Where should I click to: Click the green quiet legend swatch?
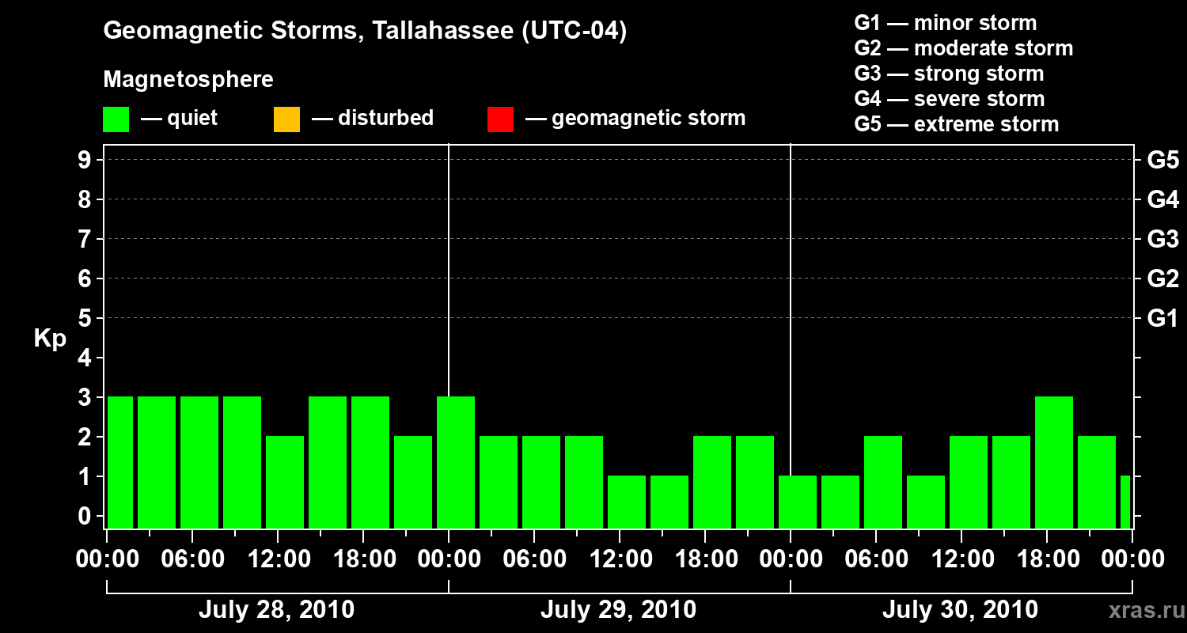pyautogui.click(x=116, y=119)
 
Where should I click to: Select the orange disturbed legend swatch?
pyautogui.click(x=286, y=119)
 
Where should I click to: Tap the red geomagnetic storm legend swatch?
pyautogui.click(x=500, y=119)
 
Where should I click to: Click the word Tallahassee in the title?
pyautogui.click(x=442, y=30)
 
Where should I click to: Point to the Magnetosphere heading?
pyautogui.click(x=188, y=79)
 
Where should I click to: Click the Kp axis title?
pyautogui.click(x=50, y=338)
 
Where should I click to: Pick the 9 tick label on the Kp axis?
pyautogui.click(x=84, y=160)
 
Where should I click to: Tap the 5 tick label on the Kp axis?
pyautogui.click(x=84, y=318)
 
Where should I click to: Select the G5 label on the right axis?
pyautogui.click(x=1163, y=160)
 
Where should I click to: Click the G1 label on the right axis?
pyautogui.click(x=1163, y=318)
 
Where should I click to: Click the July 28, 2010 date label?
pyautogui.click(x=277, y=610)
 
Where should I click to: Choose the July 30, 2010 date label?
pyautogui.click(x=960, y=610)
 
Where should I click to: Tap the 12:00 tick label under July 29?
pyautogui.click(x=620, y=559)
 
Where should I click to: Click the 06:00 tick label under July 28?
pyautogui.click(x=192, y=559)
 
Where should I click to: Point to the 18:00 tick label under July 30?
pyautogui.click(x=1049, y=559)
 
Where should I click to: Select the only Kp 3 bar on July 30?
pyautogui.click(x=1054, y=462)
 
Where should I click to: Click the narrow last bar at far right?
pyautogui.click(x=1125, y=502)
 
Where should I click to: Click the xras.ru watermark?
pyautogui.click(x=1147, y=611)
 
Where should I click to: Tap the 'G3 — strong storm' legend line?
pyautogui.click(x=949, y=74)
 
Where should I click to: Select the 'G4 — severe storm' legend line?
pyautogui.click(x=949, y=99)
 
